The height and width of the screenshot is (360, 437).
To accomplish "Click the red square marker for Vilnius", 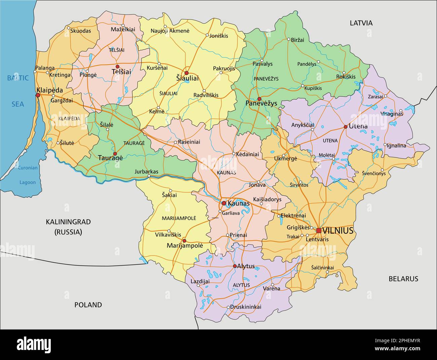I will [318, 230].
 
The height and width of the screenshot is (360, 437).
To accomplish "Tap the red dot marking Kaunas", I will [224, 203].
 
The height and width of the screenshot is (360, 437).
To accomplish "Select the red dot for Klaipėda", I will [38, 95].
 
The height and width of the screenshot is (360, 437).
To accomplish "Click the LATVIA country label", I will [361, 23].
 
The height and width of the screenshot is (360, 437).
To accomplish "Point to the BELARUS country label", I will [403, 278].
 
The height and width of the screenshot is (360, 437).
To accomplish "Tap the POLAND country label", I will [88, 305].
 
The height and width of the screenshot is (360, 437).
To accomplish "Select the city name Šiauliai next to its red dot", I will [188, 78].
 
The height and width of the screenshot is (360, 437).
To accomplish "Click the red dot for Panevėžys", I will [259, 99].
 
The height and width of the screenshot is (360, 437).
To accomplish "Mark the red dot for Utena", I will [345, 127].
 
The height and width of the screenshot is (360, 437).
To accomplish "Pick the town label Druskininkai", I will [246, 307].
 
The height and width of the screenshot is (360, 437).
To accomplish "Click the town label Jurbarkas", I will [146, 171].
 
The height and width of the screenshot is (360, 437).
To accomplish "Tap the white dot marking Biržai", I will [288, 39].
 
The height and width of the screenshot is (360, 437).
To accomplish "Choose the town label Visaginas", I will [392, 114].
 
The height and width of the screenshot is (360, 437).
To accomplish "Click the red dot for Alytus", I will [235, 266].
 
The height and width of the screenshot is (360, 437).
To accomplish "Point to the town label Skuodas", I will [81, 31].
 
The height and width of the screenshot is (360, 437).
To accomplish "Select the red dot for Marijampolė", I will [184, 240].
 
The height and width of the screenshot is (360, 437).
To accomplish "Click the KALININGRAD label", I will [69, 222].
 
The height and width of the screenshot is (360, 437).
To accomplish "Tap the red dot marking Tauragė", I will [115, 153].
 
